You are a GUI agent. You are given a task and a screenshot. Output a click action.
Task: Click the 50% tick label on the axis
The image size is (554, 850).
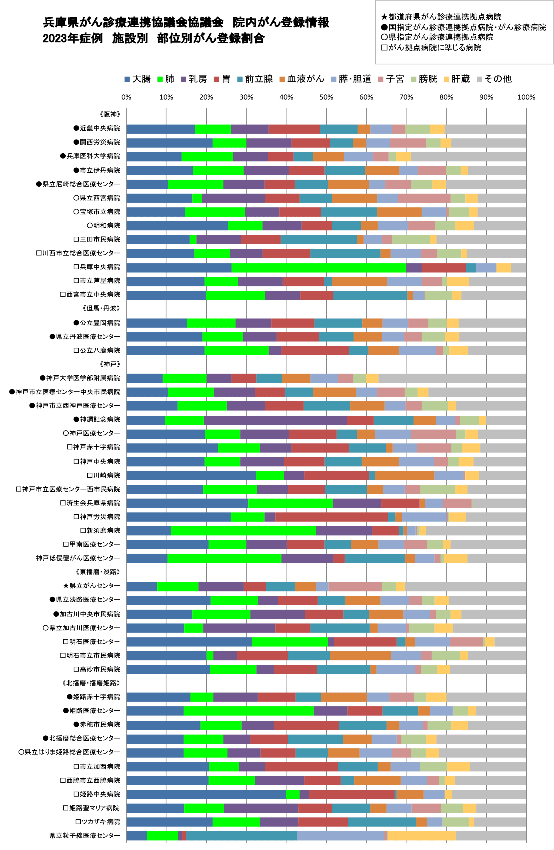326,97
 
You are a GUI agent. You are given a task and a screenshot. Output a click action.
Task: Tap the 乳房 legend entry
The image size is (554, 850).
194,79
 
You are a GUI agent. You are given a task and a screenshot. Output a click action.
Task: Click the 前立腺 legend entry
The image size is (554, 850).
255,79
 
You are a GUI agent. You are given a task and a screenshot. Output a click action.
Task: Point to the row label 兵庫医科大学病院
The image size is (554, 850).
90,156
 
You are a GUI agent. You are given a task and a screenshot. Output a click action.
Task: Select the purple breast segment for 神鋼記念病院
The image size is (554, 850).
275,420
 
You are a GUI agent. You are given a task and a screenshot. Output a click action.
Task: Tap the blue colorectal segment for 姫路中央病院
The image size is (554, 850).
206,794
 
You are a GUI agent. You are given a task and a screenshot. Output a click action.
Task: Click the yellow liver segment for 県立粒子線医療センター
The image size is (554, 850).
422,836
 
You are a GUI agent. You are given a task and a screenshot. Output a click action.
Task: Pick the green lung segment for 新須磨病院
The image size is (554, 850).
243,531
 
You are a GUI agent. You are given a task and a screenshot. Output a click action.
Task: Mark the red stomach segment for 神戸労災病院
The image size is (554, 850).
331,517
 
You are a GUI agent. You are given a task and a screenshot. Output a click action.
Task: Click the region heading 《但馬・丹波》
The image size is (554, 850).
101,308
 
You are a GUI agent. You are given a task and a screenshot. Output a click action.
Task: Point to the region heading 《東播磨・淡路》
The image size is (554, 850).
98,572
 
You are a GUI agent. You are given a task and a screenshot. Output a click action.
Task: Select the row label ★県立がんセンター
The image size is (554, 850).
91,586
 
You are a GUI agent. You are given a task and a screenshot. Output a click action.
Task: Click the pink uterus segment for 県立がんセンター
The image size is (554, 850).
355,586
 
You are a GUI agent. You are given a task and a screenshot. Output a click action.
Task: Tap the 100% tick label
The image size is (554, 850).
526,97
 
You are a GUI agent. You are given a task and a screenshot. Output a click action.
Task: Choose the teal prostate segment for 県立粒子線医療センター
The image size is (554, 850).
241,836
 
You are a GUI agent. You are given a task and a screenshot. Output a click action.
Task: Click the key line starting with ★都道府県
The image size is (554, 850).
441,17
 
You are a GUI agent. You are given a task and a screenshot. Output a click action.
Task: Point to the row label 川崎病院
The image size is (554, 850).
104,475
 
